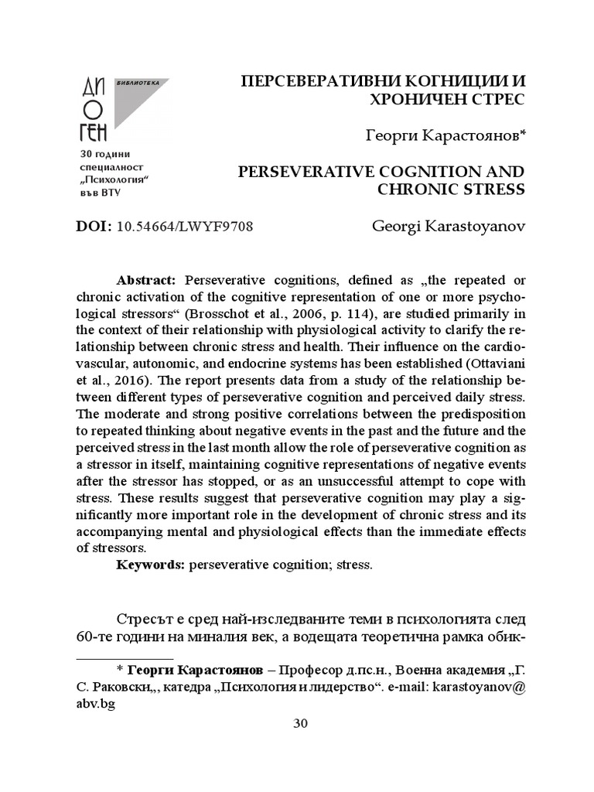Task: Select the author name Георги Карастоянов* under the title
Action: (445, 136)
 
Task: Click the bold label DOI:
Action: (94, 227)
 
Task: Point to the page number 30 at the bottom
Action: (301, 724)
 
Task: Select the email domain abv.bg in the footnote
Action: (96, 704)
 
